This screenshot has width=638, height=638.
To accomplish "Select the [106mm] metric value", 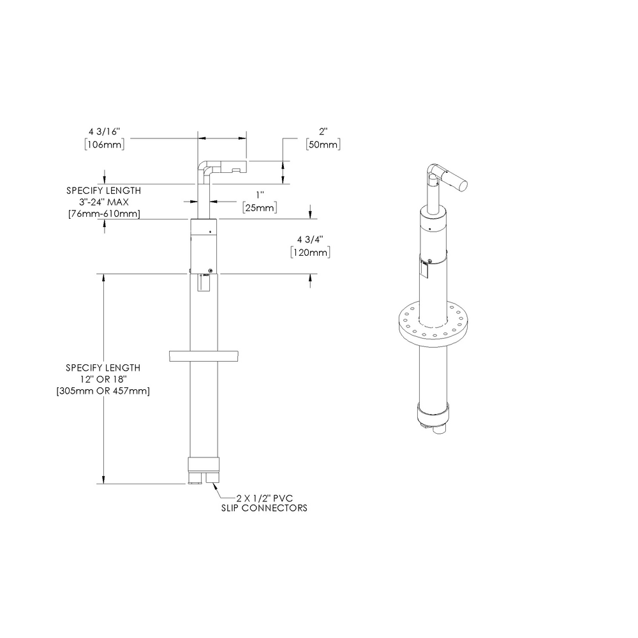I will [103, 144].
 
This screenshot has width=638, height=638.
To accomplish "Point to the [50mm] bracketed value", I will [323, 145].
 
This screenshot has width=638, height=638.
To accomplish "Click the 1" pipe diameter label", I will [259, 195].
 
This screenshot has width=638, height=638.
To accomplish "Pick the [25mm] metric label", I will [259, 208].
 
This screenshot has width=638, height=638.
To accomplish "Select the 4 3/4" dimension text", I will [310, 240].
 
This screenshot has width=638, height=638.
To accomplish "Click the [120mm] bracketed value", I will [310, 253].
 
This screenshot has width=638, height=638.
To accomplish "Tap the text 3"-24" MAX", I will [104, 202].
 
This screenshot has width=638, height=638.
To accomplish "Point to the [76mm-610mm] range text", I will [104, 213].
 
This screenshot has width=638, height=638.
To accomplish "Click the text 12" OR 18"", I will [103, 380].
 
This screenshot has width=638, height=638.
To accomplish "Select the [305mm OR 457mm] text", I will [103, 390].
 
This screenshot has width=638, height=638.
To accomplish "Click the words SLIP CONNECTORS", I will [263, 508].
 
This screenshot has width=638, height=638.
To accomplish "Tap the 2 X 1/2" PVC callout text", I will [265, 498].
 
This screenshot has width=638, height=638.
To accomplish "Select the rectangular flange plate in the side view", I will [205, 356].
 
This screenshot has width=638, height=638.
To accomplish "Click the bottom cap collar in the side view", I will [205, 464].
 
